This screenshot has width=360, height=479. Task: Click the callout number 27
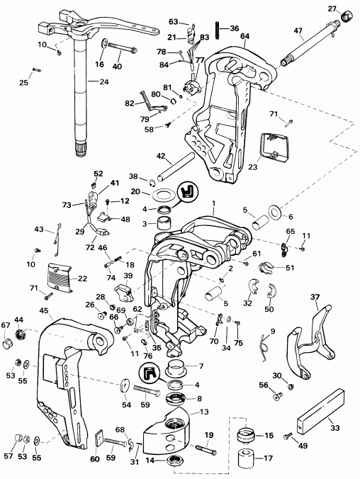(x=332, y=8)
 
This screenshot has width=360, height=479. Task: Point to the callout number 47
(x=298, y=31)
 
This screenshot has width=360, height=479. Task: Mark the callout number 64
(x=244, y=35)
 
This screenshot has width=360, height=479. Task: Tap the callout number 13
(x=204, y=412)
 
